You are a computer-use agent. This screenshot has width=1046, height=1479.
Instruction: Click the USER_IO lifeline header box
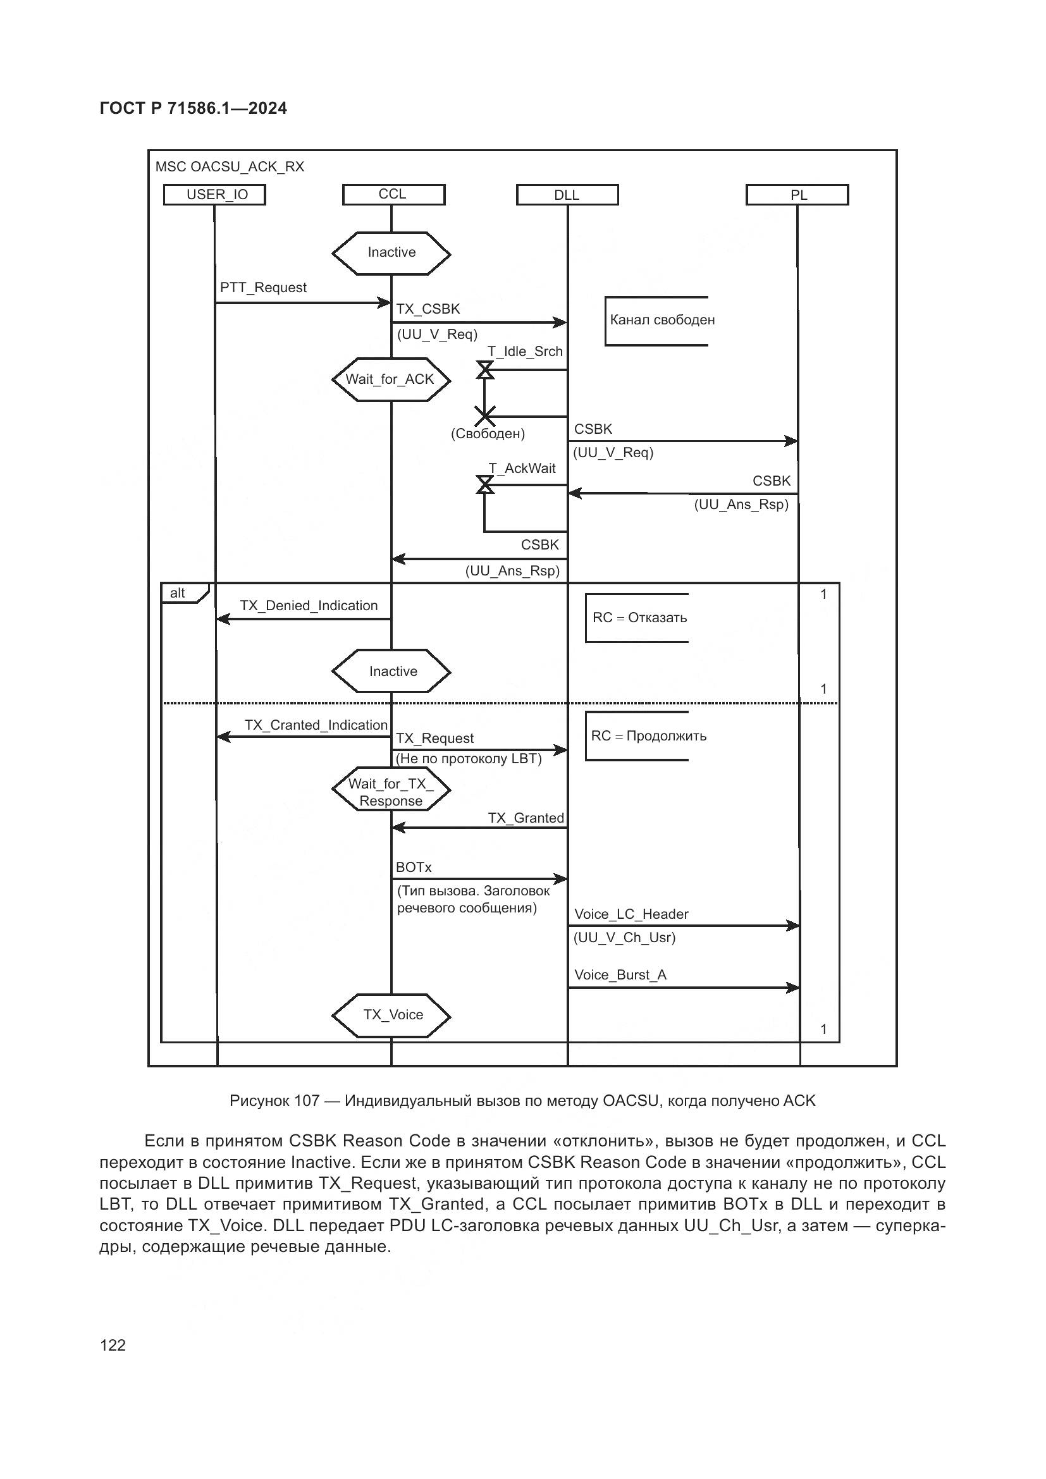coord(214,195)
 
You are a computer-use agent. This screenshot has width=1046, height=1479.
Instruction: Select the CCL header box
coord(393,195)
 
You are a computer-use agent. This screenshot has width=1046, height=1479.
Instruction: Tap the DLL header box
coord(567,195)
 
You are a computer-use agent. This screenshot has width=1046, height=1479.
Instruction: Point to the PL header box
coord(797,195)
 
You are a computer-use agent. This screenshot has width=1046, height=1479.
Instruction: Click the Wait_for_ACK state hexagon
coord(390,379)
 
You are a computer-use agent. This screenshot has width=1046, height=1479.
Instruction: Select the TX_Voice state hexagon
coord(391,1016)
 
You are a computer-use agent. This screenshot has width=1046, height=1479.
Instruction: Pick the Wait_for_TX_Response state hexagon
coord(391,792)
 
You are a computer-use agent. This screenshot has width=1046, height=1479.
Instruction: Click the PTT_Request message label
coord(263,288)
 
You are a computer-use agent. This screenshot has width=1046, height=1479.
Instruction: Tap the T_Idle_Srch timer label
coord(525,352)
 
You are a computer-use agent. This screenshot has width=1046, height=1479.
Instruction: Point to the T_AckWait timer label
coord(522,469)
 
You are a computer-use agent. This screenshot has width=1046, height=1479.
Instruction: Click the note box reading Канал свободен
coord(661,320)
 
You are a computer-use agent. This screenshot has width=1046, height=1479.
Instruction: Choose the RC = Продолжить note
coord(648,736)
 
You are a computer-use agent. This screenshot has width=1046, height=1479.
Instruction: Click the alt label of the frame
coord(178,593)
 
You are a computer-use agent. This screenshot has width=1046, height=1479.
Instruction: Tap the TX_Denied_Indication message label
coord(309,606)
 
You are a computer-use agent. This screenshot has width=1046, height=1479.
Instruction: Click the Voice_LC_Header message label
coord(631,915)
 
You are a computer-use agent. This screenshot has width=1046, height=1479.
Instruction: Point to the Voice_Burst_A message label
coord(620,975)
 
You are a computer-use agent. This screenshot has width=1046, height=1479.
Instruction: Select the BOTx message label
coord(414,868)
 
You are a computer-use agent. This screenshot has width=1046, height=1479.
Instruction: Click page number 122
coord(113,1345)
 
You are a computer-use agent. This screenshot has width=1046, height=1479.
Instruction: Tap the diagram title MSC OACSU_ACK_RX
coord(230,168)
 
